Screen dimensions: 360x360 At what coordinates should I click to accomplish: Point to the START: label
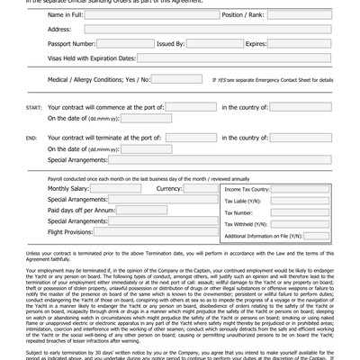(x=31, y=107)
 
